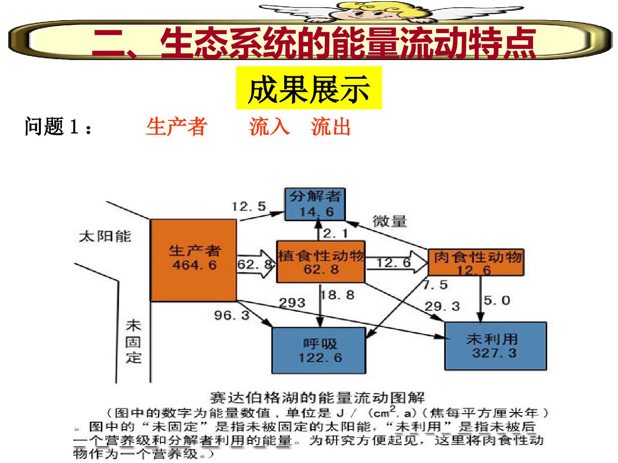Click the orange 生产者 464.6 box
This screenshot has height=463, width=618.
194,260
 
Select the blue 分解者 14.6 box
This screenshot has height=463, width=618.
315,204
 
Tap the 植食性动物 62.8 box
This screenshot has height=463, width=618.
321,262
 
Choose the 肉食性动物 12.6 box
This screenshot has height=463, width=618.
476,262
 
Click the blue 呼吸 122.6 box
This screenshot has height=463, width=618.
319,351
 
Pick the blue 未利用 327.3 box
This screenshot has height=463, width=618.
496,346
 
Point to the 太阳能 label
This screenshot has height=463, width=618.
105,236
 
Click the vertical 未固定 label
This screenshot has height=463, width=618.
133,342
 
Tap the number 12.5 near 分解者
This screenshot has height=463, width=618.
248,207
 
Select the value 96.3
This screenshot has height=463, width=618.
232,315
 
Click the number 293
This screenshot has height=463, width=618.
292,303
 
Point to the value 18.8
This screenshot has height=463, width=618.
338,295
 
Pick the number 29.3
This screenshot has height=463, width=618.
442,306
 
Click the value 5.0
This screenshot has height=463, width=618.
497,301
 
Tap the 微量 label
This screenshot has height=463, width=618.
390,221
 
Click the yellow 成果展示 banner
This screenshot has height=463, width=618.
309,88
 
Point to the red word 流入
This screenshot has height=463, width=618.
270,127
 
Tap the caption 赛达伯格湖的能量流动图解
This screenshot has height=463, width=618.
318,398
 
